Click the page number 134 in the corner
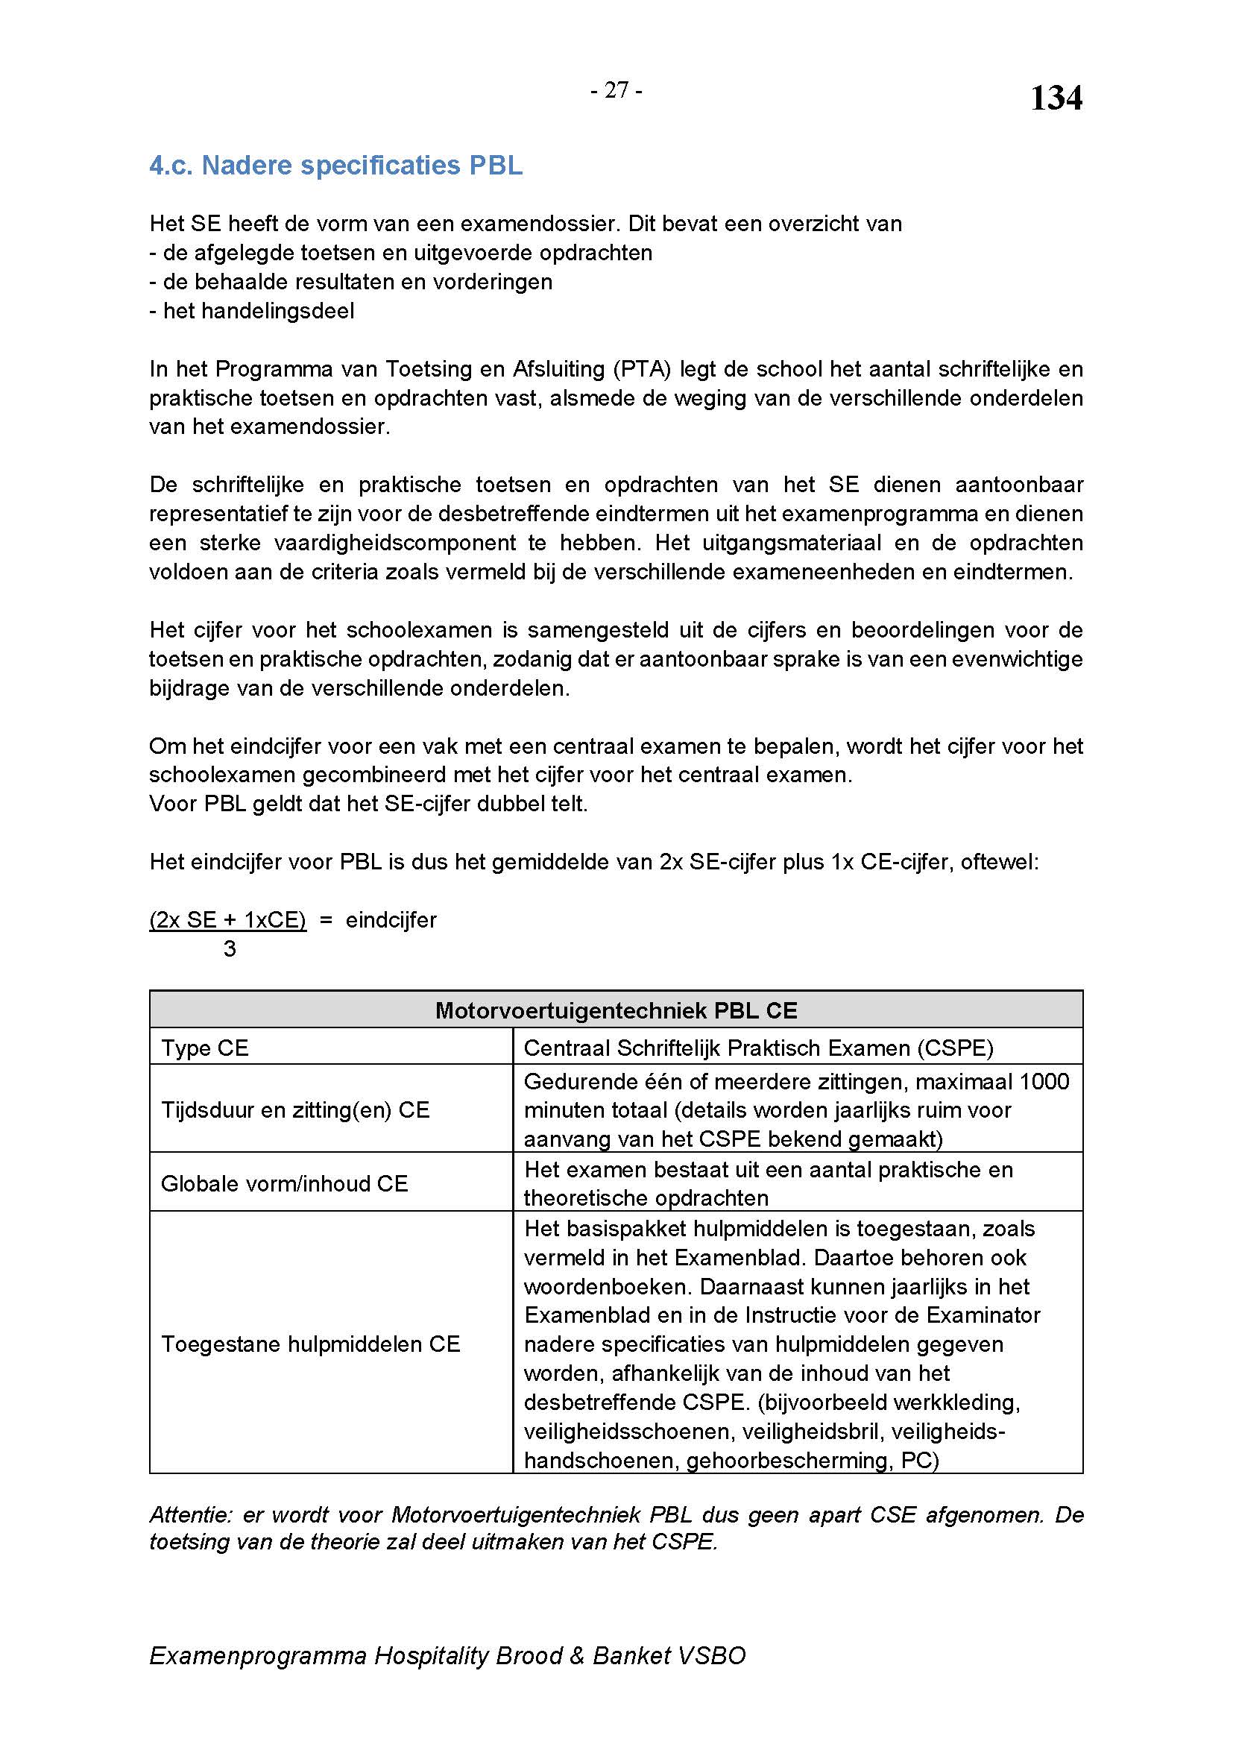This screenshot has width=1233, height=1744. tap(1056, 98)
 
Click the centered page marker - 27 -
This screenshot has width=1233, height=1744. tap(616, 90)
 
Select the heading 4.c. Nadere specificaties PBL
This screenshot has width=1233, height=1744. tap(335, 166)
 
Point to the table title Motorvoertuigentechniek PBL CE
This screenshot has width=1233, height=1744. tap(616, 1010)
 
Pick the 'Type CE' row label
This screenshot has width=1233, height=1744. tap(205, 1048)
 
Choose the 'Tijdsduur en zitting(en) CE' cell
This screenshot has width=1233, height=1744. tap(295, 1109)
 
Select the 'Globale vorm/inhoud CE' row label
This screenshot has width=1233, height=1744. tap(285, 1183)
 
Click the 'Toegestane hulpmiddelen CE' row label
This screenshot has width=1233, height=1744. tap(311, 1344)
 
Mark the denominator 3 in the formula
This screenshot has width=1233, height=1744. tap(230, 948)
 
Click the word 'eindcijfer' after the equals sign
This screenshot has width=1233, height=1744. tap(391, 920)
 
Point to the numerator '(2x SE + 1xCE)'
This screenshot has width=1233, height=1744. tap(228, 920)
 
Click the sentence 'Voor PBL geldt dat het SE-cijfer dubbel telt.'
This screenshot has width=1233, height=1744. tap(368, 804)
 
